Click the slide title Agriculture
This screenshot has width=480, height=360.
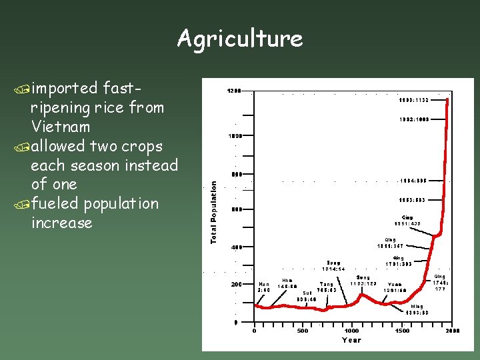click(239, 39)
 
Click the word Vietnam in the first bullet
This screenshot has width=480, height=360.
click(60, 127)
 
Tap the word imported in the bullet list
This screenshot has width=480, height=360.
click(64, 88)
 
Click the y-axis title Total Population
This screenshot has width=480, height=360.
click(214, 212)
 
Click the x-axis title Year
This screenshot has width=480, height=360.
click(351, 339)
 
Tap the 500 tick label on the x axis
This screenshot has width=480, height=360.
click(303, 331)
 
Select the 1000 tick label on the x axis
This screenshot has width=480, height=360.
click(351, 331)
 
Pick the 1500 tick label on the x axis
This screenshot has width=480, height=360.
click(402, 331)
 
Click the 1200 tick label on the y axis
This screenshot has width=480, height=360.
click(233, 91)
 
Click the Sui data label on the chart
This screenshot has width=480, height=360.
click(307, 295)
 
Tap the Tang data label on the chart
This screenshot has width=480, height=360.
click(327, 287)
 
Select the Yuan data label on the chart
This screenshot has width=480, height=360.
click(395, 287)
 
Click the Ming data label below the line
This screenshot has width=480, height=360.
click(417, 309)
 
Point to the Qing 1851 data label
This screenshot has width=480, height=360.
click(407, 220)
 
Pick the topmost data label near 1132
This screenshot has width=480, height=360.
click(414, 100)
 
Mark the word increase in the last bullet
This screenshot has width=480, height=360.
click(61, 223)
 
